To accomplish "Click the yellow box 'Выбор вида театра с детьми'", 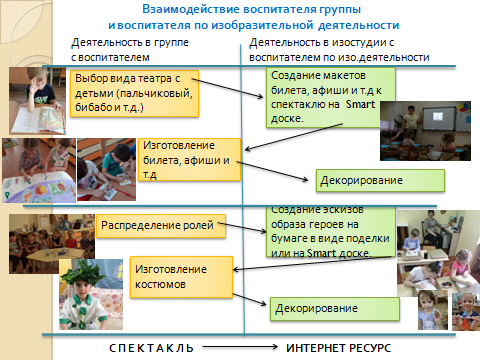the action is (134, 93).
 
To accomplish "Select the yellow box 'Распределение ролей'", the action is (161, 226).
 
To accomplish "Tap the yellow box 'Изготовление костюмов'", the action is (181, 277).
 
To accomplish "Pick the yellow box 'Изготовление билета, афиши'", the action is (189, 160).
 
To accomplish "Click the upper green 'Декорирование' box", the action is (380, 180).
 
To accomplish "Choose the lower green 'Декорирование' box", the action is (335, 309).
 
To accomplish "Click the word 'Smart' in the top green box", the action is (360, 104).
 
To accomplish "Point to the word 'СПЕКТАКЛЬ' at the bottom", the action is (151, 348).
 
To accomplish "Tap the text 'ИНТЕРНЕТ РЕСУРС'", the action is (338, 348).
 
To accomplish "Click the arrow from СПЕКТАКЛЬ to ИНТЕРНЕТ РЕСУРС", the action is (240, 347).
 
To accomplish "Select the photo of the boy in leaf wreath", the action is (91, 295).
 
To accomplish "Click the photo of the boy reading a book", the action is (37, 101).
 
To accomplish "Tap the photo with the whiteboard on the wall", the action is (425, 131).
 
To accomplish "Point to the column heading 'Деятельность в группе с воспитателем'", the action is (130, 50).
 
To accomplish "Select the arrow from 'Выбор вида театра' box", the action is (227, 88).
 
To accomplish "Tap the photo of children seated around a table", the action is (52, 244).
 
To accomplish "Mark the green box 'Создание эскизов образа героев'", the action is (331, 232).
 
